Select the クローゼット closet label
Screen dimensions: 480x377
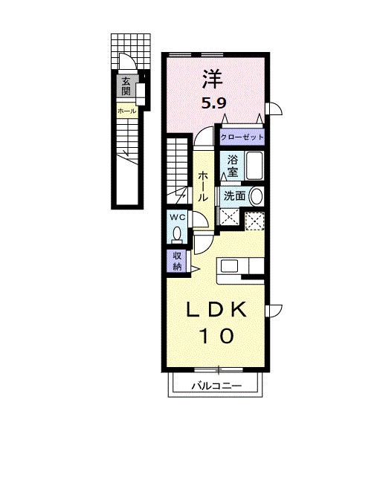pos(242,137)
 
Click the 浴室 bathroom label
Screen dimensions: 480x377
pos(232,166)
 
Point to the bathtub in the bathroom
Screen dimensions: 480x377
pos(254,166)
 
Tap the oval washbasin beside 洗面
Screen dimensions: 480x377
pos(257,196)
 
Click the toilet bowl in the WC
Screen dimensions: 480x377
pos(176,235)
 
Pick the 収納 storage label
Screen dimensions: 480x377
pos(177,260)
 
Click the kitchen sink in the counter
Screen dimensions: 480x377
pos(228,266)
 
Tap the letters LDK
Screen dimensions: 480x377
pos(215,310)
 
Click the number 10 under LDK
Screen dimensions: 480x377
pos(216,336)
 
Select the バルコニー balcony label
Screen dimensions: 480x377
pos(214,386)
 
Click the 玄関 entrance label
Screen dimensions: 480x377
pos(126,86)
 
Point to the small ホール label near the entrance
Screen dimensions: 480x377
pos(126,111)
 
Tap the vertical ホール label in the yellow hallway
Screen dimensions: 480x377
pos(202,187)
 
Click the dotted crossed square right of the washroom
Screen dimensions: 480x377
pos(254,221)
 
